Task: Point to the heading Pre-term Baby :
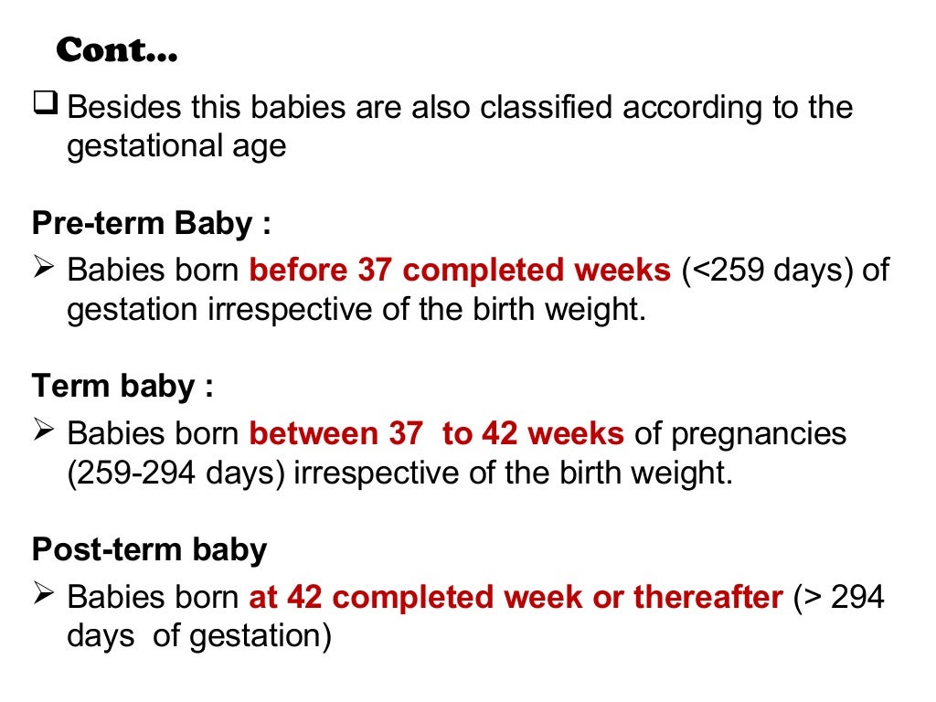(x=152, y=224)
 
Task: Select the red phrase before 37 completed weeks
(x=460, y=271)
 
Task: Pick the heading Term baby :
(x=123, y=387)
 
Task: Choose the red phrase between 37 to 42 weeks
(x=436, y=433)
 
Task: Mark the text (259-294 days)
(x=176, y=474)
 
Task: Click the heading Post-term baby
(x=150, y=549)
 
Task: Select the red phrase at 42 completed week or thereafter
(x=516, y=597)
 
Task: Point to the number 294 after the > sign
(x=857, y=597)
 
